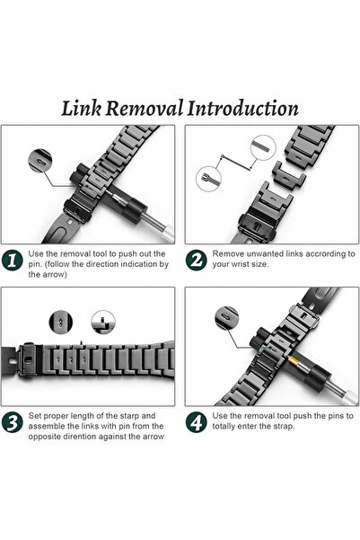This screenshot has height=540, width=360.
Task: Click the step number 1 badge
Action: point(12,260)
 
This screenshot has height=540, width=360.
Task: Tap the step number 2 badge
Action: point(197,260)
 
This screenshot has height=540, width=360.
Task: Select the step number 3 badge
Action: point(12,422)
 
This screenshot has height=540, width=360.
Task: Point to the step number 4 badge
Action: point(197,422)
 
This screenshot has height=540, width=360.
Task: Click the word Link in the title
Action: point(82,108)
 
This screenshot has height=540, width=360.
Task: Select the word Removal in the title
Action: point(145,108)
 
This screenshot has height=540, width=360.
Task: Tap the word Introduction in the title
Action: point(242,108)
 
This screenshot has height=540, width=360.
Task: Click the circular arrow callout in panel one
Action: point(40,161)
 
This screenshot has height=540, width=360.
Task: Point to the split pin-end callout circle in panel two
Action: point(208,179)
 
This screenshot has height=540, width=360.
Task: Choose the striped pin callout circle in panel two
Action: point(263,147)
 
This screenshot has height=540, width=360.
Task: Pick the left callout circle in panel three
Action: point(61,322)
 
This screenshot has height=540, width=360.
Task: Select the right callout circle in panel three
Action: point(103,322)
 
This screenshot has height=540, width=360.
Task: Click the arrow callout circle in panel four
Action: point(226,318)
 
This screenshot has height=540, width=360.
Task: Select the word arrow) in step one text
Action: point(55,274)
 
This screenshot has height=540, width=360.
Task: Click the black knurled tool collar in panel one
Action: point(136,209)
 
